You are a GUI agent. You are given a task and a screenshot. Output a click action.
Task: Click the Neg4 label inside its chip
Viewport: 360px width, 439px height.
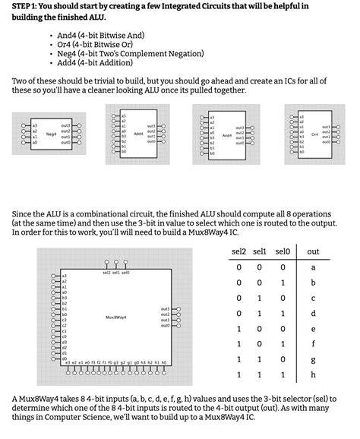click(52, 134)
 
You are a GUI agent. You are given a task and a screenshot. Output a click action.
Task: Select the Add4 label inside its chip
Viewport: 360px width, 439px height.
click(138, 134)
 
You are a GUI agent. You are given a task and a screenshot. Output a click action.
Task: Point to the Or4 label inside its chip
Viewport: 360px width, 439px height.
click(314, 134)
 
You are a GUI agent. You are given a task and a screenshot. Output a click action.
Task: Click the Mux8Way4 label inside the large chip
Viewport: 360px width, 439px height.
click(116, 316)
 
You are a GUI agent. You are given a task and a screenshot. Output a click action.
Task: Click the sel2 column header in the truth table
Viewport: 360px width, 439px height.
click(238, 251)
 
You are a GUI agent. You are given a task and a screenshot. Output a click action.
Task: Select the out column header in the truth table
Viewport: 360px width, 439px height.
click(313, 251)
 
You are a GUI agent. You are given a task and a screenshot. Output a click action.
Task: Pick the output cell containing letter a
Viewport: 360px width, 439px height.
click(313, 267)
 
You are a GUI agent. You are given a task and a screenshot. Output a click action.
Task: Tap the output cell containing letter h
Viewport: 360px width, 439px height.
click(313, 375)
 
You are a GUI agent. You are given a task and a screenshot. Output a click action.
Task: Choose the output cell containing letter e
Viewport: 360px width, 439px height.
click(313, 329)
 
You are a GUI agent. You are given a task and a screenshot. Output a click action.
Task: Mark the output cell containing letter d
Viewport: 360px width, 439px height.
click(313, 314)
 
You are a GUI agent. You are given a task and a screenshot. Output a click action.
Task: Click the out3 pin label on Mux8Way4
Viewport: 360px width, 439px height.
click(165, 309)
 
